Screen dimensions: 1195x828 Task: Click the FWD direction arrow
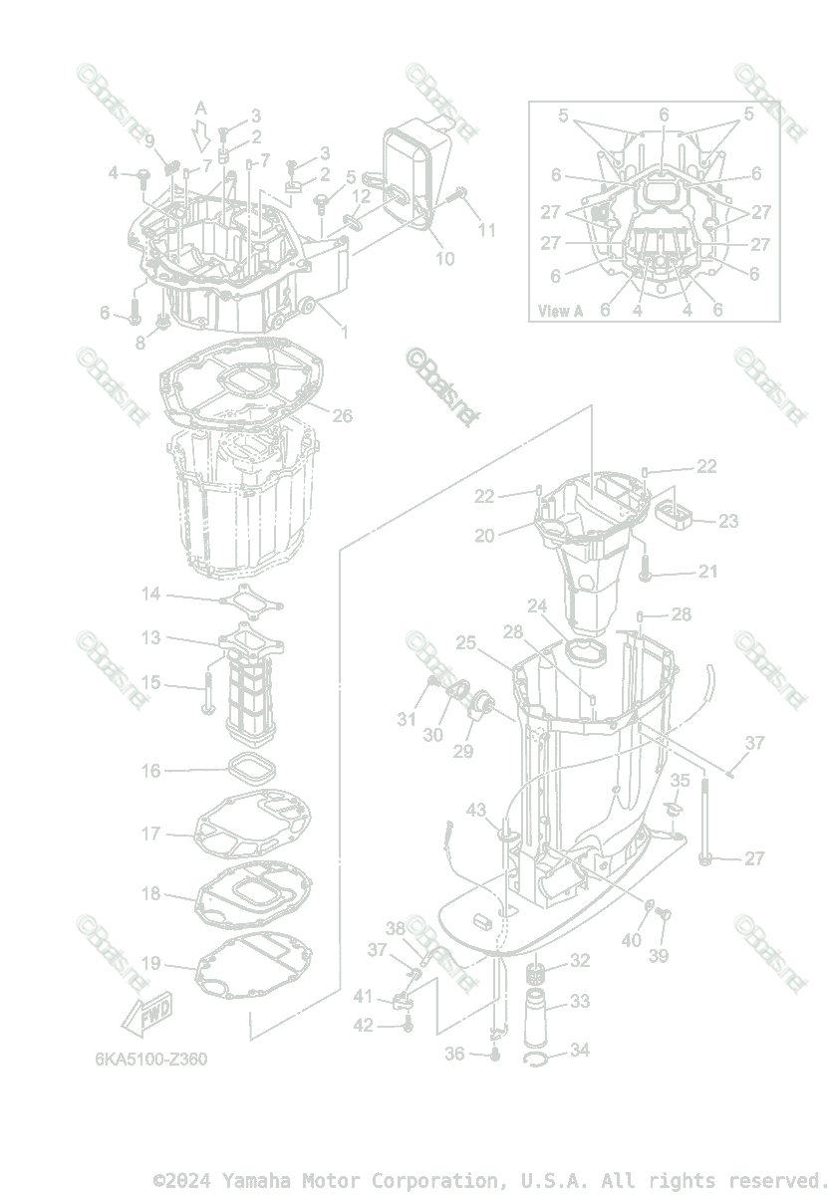coord(145,1016)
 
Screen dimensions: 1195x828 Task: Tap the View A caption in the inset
coord(560,311)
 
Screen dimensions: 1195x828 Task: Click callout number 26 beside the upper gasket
coord(342,415)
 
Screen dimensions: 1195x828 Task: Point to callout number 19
coord(150,963)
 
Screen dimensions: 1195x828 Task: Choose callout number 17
coord(150,834)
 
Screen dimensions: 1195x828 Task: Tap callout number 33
coord(579,1001)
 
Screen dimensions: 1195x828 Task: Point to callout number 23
coord(728,520)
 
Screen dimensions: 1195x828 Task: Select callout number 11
coord(486,229)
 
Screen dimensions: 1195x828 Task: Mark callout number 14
coord(150,595)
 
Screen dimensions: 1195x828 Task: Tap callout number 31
coord(405,719)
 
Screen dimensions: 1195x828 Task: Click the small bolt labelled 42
coord(408,1027)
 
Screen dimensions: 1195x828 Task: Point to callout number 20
coord(484,535)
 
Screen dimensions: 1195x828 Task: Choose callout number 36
coord(454,1054)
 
